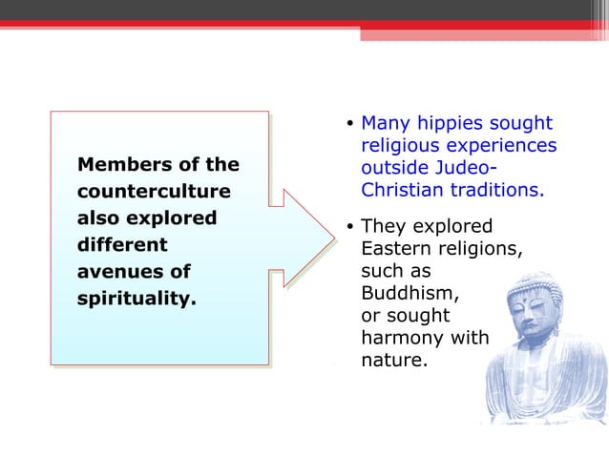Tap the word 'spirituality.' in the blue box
coord(136,299)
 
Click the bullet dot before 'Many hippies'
coord(350,124)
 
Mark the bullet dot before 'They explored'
coord(350,227)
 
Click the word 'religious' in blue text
coord(400,145)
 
